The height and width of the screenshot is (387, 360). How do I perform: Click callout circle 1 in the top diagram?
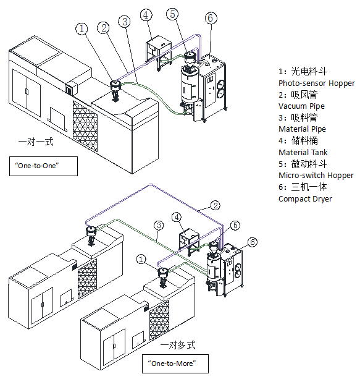point(82,29)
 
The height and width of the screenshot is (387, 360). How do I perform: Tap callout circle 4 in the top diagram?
point(146,15)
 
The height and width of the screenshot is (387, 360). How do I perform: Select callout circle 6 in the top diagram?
point(211,18)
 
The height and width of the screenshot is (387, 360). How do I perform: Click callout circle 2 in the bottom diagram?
point(216,206)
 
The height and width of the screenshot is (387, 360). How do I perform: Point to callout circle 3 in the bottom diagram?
point(159,226)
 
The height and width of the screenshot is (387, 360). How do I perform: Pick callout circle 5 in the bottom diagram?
point(235,226)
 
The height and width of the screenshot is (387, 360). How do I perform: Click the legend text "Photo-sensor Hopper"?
point(317,83)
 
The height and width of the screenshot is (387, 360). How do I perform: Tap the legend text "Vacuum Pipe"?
point(301,106)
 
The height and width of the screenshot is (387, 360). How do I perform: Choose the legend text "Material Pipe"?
point(303,129)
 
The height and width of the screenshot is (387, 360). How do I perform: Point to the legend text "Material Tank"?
point(303,152)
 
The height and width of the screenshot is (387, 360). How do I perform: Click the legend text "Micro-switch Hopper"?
point(316,176)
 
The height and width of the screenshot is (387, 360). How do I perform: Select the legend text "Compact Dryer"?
point(305,199)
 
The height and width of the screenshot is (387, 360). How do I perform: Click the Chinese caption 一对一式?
point(36,142)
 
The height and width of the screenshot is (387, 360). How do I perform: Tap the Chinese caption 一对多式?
point(178,345)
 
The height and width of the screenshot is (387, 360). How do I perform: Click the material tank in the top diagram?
point(159,53)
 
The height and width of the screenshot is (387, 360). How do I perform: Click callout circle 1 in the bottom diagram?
point(141,260)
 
